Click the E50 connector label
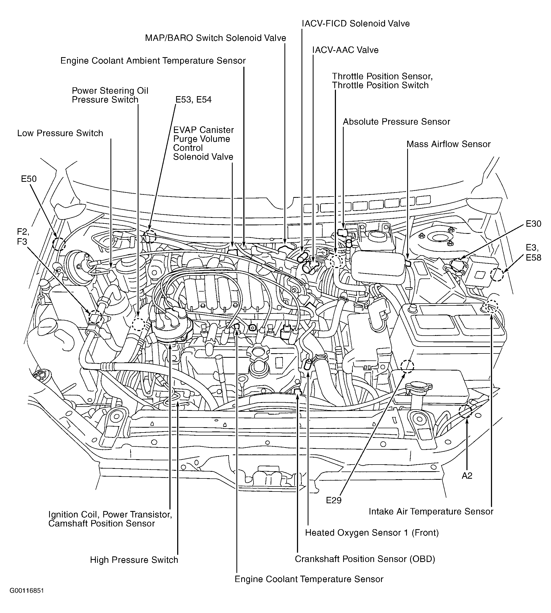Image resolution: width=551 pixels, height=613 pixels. [29, 179]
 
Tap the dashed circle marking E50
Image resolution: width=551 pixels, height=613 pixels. [59, 244]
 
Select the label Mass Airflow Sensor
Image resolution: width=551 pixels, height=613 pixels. [448, 144]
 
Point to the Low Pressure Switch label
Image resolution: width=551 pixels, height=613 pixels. [60, 133]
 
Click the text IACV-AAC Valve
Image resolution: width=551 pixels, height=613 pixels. [346, 50]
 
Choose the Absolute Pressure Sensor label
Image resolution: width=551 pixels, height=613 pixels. [396, 122]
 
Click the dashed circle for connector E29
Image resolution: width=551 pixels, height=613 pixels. [407, 367]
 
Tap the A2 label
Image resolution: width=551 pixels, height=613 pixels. [467, 476]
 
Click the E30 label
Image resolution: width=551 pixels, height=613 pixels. [533, 224]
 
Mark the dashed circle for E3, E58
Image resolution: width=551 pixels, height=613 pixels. [497, 275]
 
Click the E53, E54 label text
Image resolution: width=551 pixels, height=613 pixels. [193, 100]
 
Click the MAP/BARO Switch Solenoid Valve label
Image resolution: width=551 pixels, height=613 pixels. [216, 38]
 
